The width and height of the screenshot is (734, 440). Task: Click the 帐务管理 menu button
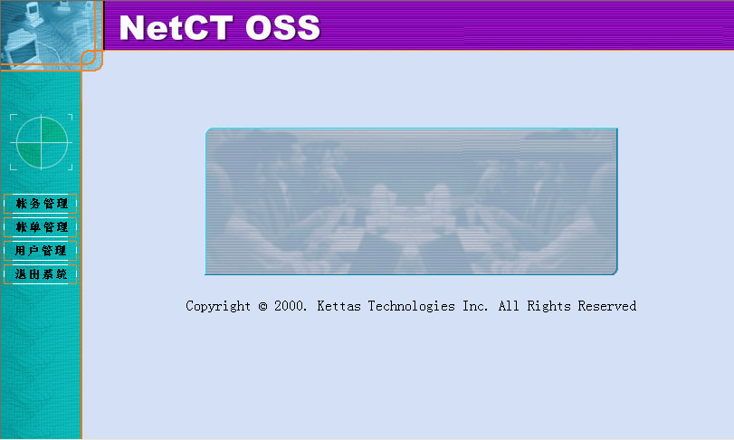[x=40, y=204]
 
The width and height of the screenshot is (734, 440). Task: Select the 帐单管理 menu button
[x=40, y=227]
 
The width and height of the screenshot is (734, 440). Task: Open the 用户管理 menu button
[x=40, y=251]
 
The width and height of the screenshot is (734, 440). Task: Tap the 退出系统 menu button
[x=40, y=273]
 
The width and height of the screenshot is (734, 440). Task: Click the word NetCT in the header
[x=176, y=28]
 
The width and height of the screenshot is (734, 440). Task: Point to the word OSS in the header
[x=282, y=28]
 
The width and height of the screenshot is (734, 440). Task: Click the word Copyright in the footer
[x=218, y=306]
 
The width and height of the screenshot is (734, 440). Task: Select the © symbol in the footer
[x=262, y=306]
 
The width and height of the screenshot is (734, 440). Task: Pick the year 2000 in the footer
[x=289, y=306]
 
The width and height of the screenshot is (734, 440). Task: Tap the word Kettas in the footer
[x=338, y=306]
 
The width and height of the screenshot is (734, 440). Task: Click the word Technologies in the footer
[x=412, y=307]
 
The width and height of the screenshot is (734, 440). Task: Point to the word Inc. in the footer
[x=475, y=306]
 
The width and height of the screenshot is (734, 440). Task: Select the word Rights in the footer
[x=549, y=307]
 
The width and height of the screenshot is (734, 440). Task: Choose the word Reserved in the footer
[x=607, y=306]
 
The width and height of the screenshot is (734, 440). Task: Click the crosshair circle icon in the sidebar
[x=42, y=142]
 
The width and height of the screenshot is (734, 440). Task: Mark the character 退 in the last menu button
[x=21, y=273]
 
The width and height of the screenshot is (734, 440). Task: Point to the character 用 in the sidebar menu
[x=21, y=251]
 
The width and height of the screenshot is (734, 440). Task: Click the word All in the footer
[x=509, y=306]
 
